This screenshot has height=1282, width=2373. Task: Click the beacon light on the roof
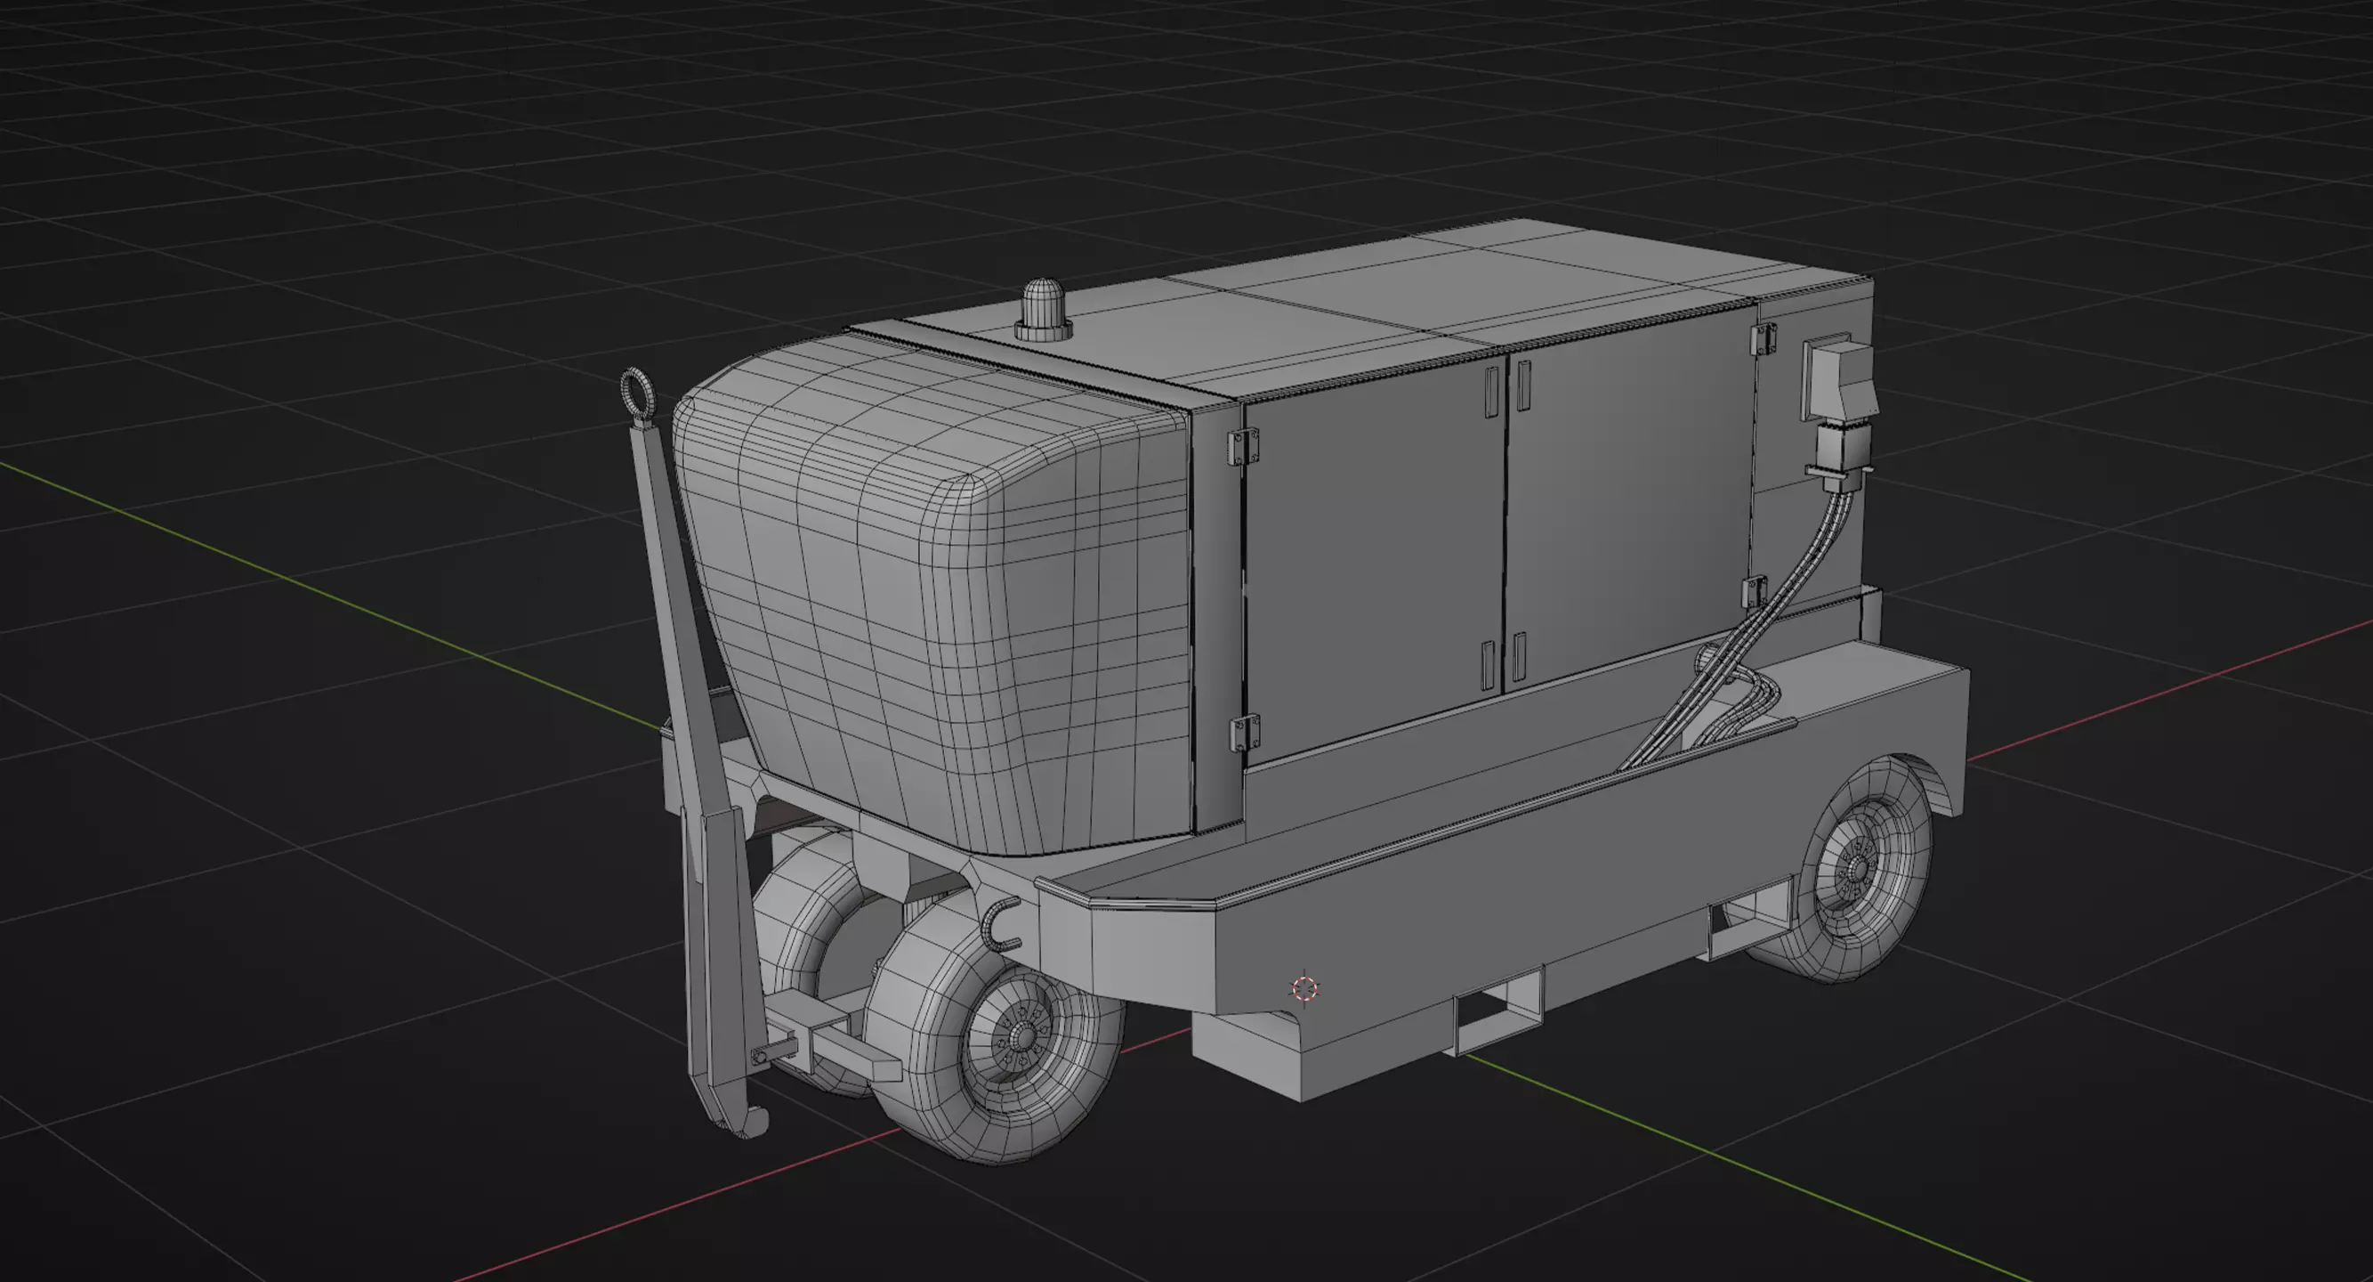(1044, 311)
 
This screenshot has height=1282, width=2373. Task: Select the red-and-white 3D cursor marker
(1304, 989)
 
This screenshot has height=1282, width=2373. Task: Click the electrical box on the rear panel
(1836, 377)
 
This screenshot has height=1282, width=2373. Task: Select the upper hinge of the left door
(1244, 447)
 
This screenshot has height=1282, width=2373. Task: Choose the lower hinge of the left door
(1246, 733)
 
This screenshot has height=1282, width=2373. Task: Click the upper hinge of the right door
(1764, 338)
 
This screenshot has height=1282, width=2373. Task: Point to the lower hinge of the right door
(1756, 592)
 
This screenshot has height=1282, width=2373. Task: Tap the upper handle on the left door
(1491, 392)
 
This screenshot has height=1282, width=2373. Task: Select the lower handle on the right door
(1519, 656)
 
